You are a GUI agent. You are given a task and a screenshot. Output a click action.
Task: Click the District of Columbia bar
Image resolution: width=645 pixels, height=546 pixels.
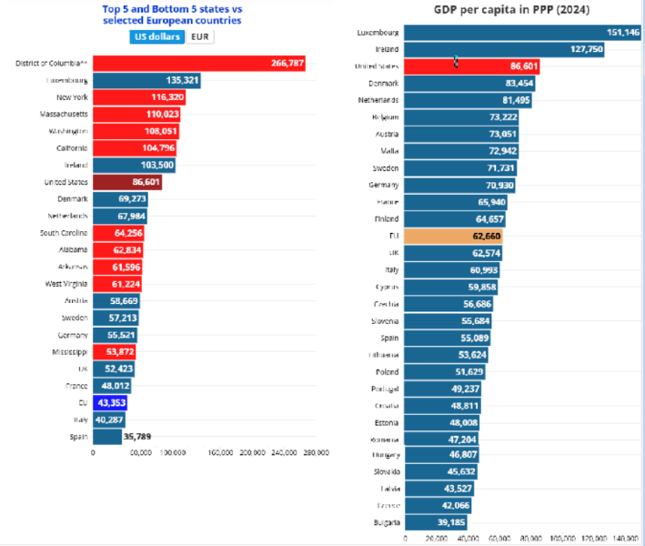pyautogui.click(x=198, y=63)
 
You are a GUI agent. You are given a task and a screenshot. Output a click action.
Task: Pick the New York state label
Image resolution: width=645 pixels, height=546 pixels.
pyautogui.click(x=72, y=96)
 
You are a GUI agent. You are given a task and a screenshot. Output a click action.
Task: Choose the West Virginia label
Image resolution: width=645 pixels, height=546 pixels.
pyautogui.click(x=66, y=284)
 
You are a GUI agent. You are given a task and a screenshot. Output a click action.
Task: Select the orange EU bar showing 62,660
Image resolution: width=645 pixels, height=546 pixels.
pyautogui.click(x=454, y=236)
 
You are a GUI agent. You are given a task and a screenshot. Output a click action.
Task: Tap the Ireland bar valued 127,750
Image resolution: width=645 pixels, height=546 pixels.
pyautogui.click(x=492, y=49)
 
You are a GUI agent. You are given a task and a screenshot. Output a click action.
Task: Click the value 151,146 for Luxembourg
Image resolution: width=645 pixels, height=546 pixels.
pyautogui.click(x=623, y=32)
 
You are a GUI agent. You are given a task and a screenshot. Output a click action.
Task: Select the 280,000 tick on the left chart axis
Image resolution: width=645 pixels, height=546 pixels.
pyautogui.click(x=315, y=452)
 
